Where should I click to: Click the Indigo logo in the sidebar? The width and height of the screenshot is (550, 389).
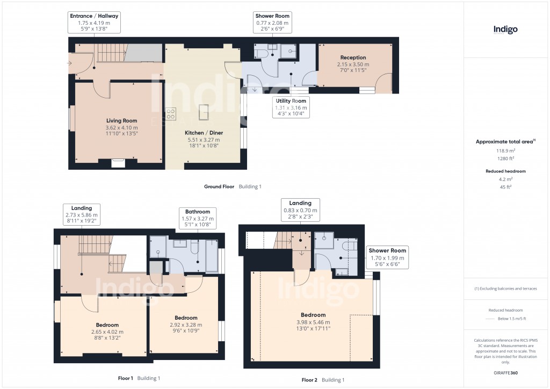coord(505,30)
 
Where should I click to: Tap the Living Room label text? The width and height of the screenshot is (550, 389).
coord(121,121)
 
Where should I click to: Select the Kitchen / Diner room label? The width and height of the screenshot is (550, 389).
coord(204,133)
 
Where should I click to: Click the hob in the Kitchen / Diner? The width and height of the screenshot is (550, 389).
coord(171,114)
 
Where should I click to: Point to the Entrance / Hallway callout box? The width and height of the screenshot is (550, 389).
coord(94,23)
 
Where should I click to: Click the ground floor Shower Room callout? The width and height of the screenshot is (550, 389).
coord(272,23)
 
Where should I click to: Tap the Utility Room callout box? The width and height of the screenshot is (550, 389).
coord(291,107)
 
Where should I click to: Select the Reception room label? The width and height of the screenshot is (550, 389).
coord(353,57)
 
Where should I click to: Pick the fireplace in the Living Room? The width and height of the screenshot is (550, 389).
coord(118,162)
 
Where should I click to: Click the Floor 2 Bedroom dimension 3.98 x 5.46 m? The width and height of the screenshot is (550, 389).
coord(313,322)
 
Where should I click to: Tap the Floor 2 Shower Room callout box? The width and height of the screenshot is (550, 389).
coord(387,257)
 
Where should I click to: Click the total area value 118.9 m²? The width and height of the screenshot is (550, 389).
coord(505,151)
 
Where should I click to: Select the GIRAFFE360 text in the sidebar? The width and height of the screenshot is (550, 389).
coord(505,373)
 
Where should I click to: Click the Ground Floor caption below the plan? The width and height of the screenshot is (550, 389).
coord(219,186)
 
